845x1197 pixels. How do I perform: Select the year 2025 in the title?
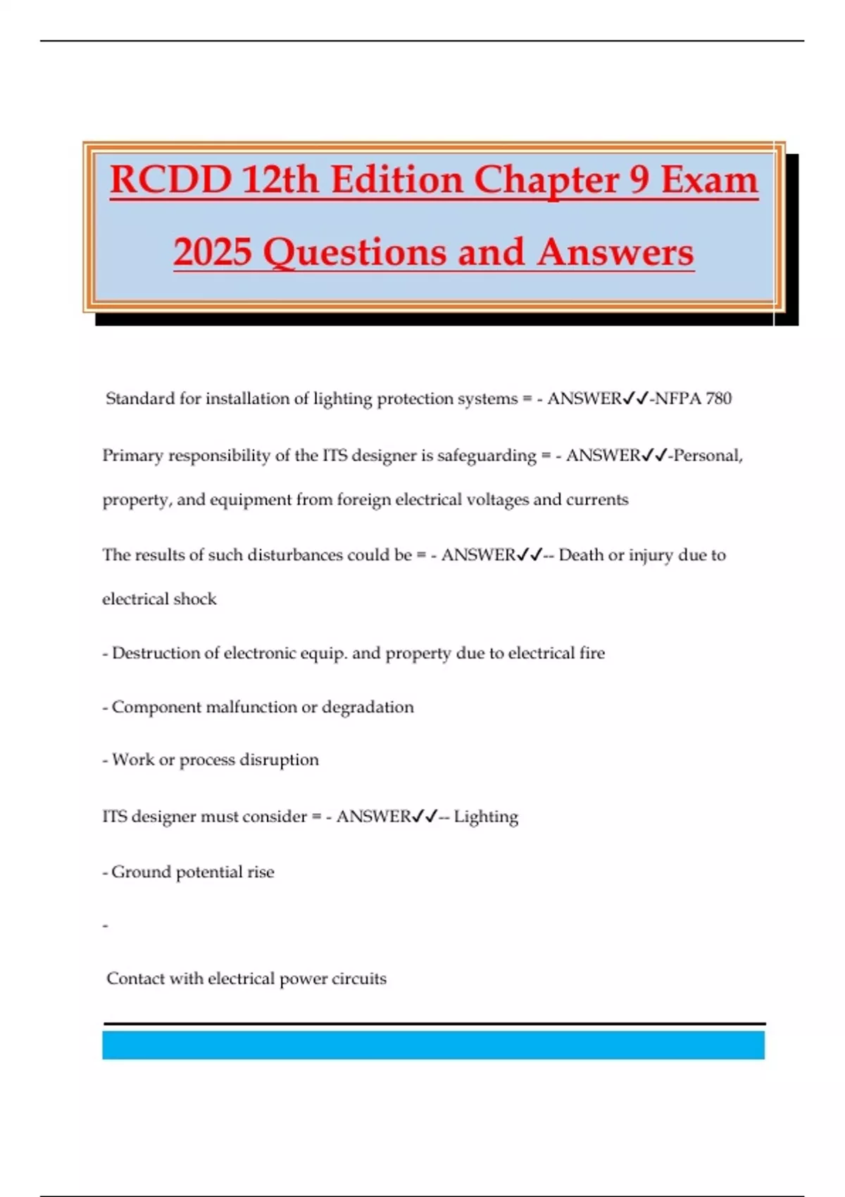[x=212, y=253]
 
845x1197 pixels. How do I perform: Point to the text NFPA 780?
[x=694, y=399]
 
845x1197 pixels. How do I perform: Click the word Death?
[x=581, y=555]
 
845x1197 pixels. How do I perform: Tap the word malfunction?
[x=251, y=707]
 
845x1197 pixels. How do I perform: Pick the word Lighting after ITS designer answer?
[x=486, y=817]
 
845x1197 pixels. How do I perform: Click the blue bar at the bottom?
[x=433, y=1045]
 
